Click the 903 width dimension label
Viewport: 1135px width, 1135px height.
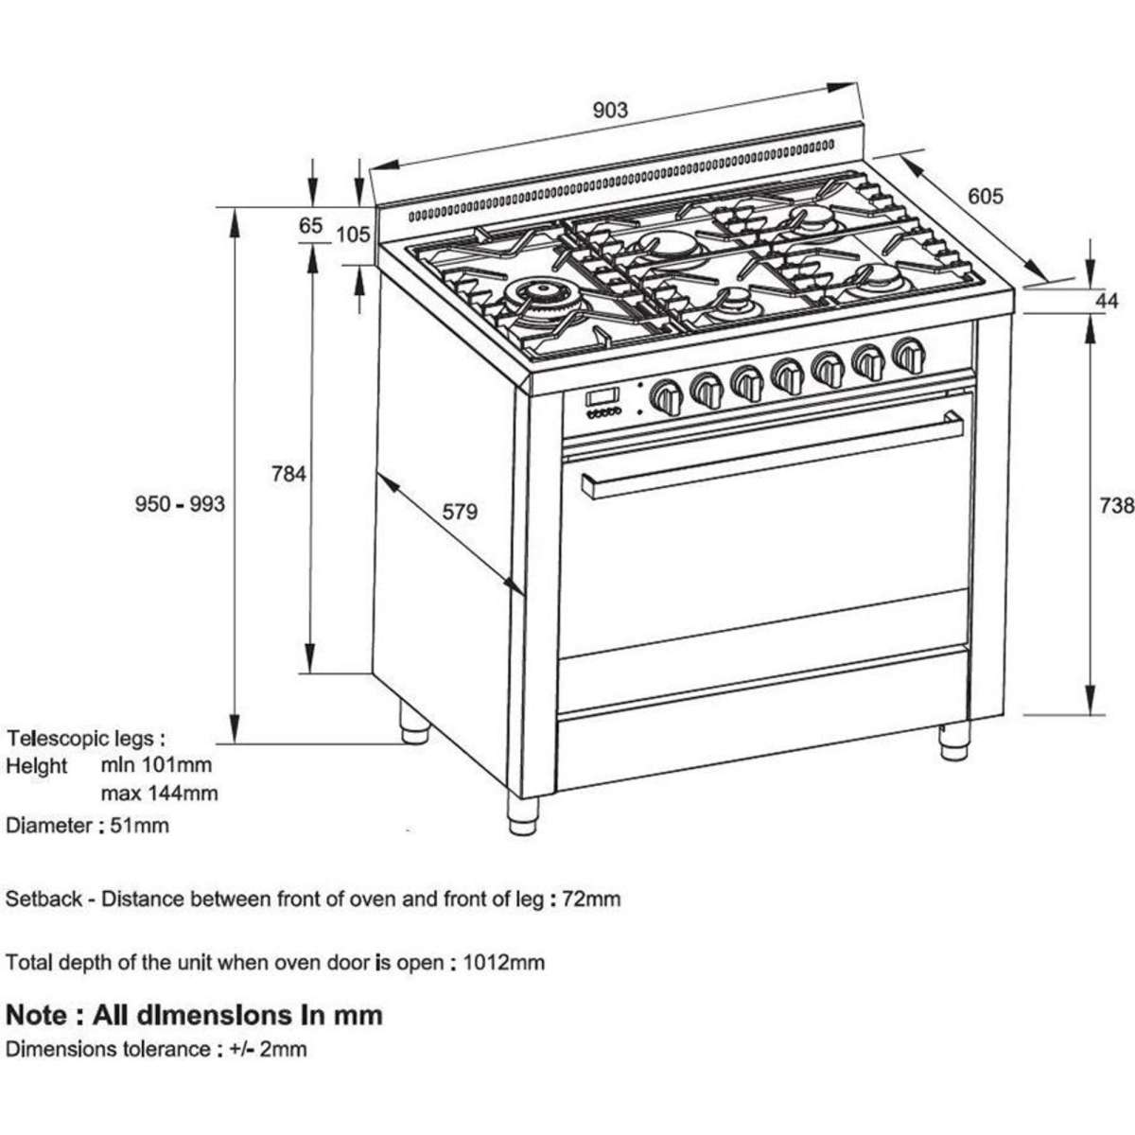pos(610,110)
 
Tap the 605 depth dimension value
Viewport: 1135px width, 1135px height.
pos(985,196)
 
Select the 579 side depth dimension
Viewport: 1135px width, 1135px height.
pos(460,512)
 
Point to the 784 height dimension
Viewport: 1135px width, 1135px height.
pos(288,473)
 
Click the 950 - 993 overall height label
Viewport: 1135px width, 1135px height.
pos(180,503)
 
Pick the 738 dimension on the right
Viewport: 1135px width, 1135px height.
pos(1116,506)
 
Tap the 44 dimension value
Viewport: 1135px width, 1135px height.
pos(1107,301)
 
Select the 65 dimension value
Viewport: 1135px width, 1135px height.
pos(310,226)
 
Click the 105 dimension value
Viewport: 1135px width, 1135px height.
pos(353,234)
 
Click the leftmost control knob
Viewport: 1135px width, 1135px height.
pos(667,395)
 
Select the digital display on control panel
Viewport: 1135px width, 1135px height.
pos(602,397)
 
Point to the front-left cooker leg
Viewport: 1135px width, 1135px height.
pos(522,815)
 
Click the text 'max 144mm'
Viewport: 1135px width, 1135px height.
pos(159,793)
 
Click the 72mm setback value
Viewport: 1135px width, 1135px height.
pos(591,899)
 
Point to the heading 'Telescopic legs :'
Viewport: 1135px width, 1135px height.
pos(85,738)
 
